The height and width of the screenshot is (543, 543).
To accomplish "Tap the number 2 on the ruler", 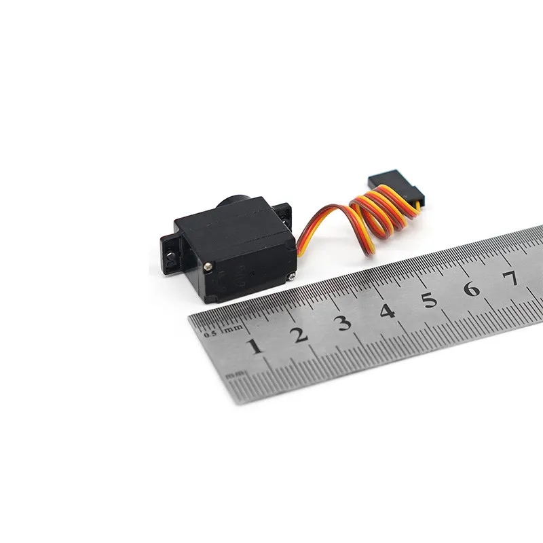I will tap(299, 335).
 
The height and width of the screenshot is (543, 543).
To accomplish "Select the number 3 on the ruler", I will tap(344, 322).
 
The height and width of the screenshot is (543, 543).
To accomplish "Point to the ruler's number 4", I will tap(388, 311).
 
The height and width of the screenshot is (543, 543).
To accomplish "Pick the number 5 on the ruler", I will tap(430, 300).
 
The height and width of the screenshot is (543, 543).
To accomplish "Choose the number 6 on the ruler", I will tap(472, 289).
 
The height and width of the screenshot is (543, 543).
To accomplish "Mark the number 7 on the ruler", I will tap(511, 278).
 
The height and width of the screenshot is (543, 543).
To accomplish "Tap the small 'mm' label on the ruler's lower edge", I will tap(235, 374).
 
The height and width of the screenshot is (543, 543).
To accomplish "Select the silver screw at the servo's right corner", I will tap(291, 274).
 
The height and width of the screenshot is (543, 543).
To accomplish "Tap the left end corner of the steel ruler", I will tap(193, 320).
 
